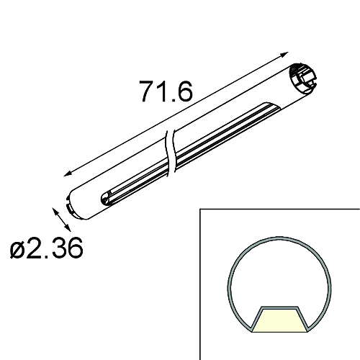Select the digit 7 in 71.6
point(146,92)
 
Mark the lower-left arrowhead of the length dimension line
point(66,173)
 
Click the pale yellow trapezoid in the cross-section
point(281,320)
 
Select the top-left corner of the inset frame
point(199,210)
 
